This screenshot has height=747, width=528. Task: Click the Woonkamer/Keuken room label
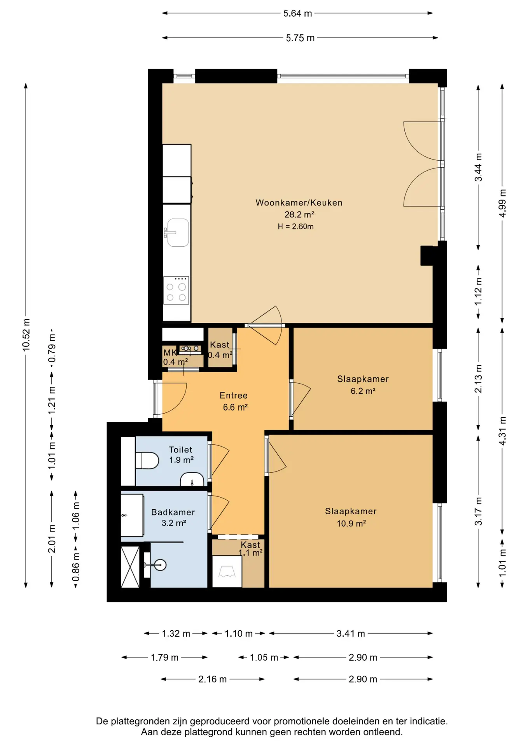click(x=299, y=203)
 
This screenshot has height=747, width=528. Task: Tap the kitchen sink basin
click(x=178, y=232)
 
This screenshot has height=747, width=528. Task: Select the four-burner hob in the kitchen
click(x=176, y=290)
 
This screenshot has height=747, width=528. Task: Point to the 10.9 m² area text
click(x=351, y=523)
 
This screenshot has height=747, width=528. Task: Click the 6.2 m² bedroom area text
click(x=363, y=391)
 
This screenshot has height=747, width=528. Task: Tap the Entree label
click(x=233, y=395)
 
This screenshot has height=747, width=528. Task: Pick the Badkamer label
click(x=173, y=512)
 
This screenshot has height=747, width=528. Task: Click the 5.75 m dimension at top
click(x=300, y=38)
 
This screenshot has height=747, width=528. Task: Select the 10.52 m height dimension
click(x=26, y=335)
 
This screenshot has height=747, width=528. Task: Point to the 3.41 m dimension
click(x=351, y=633)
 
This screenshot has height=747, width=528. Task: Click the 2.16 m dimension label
click(x=212, y=679)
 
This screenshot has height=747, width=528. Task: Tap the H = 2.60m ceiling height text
click(x=295, y=226)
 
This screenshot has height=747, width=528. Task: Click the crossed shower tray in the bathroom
click(x=130, y=567)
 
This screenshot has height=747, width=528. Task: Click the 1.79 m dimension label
click(x=164, y=657)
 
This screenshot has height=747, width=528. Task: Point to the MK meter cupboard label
click(x=170, y=352)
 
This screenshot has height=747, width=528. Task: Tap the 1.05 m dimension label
click(x=264, y=657)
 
